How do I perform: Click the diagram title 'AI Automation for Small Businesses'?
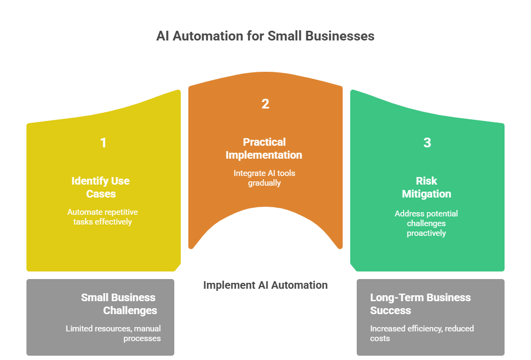pos(265,36)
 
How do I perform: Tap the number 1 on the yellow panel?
pos(103,143)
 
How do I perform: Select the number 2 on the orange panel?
pos(265,104)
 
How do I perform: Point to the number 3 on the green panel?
pos(427,143)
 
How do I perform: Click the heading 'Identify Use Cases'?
pos(101,187)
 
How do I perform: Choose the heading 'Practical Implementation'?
pos(264,148)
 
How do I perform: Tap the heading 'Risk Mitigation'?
pos(426,187)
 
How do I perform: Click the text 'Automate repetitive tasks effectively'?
pos(103,217)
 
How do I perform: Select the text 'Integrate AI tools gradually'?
pos(264,178)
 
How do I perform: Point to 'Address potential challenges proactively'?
pos(426,223)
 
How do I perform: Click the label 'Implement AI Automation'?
pos(265,285)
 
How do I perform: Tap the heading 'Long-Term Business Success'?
pos(420,304)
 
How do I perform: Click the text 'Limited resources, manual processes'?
pos(113,333)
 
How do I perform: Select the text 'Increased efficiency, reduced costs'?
pos(422,333)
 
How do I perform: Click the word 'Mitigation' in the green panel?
pos(426,194)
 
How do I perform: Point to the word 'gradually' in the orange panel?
pos(264,183)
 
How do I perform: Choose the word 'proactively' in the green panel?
pos(426,233)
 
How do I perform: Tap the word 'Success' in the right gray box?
pos(391,310)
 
